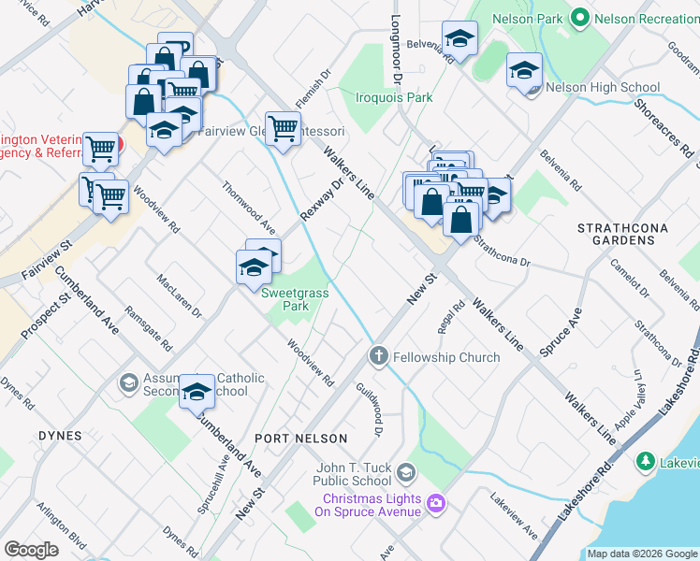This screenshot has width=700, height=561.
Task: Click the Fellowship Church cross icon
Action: tap(378, 356)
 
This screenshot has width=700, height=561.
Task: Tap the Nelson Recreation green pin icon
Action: tap(580, 17)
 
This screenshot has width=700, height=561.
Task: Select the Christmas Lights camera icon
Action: tap(435, 504)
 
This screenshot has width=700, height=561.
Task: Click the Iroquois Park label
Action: tap(394, 96)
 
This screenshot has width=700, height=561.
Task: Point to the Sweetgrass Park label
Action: tap(295, 299)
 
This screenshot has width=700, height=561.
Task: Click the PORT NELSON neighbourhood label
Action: tap(300, 438)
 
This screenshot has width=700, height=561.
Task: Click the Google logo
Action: tap(31, 550)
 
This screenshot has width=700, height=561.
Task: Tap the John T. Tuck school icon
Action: tap(405, 470)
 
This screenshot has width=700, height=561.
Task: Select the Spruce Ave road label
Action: tap(561, 331)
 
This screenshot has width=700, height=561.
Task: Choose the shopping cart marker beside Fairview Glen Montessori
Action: tap(282, 127)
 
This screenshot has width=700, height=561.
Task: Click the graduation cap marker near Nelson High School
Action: tap(524, 70)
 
